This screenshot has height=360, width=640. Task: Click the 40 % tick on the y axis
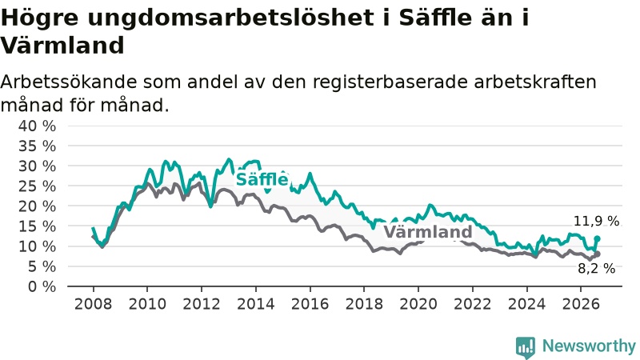[x=37, y=126]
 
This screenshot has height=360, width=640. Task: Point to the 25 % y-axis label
[x=37, y=186]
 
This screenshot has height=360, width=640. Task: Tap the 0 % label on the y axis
[x=42, y=286]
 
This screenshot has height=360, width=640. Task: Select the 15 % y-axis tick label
[x=37, y=226]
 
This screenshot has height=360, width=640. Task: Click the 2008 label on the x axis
[x=93, y=304]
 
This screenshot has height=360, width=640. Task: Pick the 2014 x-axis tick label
[x=256, y=304]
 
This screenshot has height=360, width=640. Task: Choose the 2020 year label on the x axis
[x=418, y=304]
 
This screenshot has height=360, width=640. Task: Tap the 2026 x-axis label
[x=581, y=304]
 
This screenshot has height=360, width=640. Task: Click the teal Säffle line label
[x=262, y=179]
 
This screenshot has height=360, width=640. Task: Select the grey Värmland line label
[x=428, y=232]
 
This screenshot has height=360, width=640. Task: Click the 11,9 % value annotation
[x=596, y=221]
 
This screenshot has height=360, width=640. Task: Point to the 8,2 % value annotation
[x=596, y=268]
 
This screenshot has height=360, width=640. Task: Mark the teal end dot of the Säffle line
[x=597, y=238]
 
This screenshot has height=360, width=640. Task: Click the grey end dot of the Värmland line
[x=597, y=254]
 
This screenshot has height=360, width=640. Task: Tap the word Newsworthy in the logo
[x=589, y=346]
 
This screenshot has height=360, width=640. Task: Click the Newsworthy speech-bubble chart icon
[x=526, y=347]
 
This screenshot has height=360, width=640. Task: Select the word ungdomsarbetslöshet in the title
[x=230, y=18]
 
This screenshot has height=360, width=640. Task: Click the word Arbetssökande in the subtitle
[x=69, y=82]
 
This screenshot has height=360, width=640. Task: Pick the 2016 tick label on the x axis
[x=310, y=304]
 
